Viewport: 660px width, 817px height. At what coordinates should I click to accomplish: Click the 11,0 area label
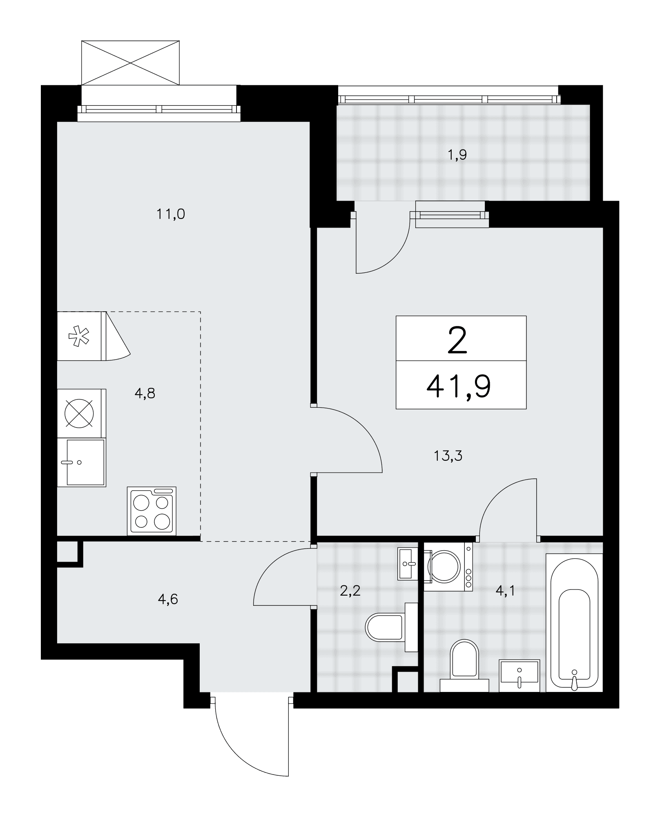tap(171, 214)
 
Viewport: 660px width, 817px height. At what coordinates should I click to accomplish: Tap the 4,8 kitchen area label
tap(145, 393)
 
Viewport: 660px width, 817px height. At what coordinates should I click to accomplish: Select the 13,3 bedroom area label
tap(448, 455)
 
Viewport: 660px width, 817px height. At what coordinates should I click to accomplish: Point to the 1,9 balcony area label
tap(457, 155)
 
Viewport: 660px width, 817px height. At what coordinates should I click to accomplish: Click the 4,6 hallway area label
tap(167, 599)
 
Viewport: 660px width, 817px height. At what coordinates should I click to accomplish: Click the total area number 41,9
tap(458, 386)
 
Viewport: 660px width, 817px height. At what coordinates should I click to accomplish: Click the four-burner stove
tap(152, 511)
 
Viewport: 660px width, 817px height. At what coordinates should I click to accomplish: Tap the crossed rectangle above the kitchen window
tap(131, 63)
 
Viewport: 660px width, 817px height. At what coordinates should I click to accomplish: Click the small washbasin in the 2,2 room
tap(408, 564)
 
